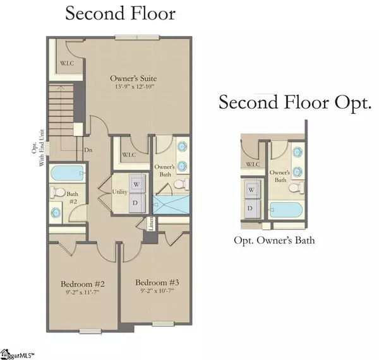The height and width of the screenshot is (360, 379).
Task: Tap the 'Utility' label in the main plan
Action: (x=120, y=191)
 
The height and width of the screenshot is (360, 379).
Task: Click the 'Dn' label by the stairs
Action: (x=88, y=151)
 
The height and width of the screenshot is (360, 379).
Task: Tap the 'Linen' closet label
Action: (x=151, y=223)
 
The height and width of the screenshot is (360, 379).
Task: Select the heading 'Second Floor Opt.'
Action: (x=294, y=103)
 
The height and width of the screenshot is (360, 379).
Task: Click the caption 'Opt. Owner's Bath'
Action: (x=274, y=240)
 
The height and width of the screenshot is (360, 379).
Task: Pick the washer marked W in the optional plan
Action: (x=251, y=189)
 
